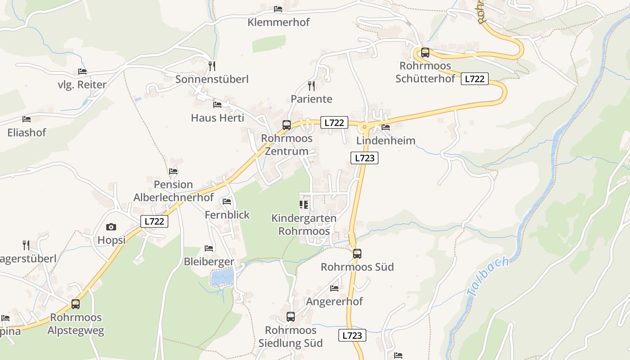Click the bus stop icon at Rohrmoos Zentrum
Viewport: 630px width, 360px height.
287,125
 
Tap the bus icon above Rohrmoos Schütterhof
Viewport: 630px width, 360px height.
425,53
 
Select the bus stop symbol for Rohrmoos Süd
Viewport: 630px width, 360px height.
357,254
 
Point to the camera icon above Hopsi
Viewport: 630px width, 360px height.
111,227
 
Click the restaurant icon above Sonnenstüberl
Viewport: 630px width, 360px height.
212,66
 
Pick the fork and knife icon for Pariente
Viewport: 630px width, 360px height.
311,85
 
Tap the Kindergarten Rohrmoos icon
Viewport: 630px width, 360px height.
304,205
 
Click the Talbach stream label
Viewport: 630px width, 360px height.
488,276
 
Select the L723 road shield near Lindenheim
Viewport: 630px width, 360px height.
364,158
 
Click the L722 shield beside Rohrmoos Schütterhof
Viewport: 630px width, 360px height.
474,79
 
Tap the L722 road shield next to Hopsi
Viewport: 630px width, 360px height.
154,221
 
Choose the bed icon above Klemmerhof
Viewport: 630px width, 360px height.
278,9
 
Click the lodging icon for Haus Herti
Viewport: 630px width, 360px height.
217,105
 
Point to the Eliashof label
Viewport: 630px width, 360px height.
27,133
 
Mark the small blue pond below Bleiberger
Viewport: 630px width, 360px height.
222,277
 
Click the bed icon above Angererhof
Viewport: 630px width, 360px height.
334,288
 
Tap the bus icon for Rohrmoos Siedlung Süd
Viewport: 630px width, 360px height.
291,317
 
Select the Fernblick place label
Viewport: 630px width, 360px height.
227,215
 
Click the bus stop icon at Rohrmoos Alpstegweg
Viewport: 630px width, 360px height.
76,304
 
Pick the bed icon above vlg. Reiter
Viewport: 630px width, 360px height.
82,72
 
